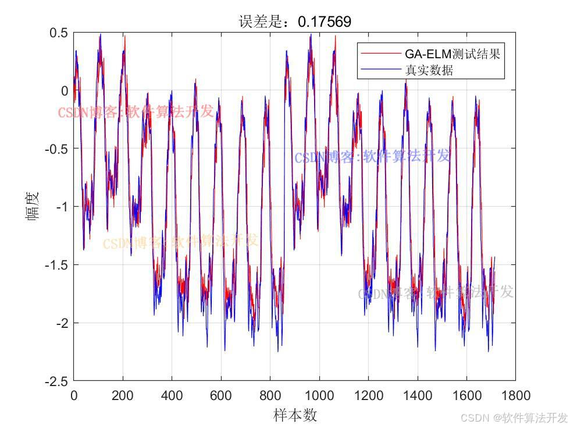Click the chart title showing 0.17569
click(x=295, y=22)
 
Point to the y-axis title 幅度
click(x=32, y=206)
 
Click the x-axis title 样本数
click(x=295, y=415)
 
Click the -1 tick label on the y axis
click(x=61, y=207)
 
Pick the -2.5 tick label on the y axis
click(x=56, y=381)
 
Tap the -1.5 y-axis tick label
click(x=56, y=265)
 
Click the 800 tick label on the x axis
click(x=270, y=396)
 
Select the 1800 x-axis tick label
click(x=515, y=396)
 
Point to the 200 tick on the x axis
click(x=123, y=396)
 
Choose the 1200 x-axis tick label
click(x=368, y=396)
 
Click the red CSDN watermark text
click(x=136, y=112)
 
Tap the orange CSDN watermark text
click(x=180, y=242)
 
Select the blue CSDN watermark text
click(x=372, y=157)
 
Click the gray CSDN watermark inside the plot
click(x=436, y=293)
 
